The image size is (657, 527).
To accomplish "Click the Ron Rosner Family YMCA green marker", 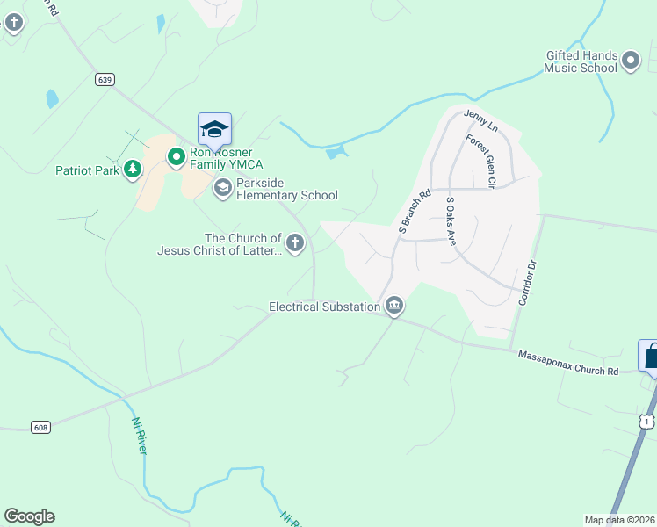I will point(176,157).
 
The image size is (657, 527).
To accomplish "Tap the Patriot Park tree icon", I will point(132,170).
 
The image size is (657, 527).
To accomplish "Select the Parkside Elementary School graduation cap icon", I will point(223,186).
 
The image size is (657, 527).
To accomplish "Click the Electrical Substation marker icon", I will point(394,306).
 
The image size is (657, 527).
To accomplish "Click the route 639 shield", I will point(105,79).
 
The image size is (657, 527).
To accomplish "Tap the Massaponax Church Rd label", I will point(567,363).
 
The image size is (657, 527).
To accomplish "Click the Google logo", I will point(29,516).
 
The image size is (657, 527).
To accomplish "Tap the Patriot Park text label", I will point(87,170).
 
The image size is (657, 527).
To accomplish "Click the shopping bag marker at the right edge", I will point(650,356).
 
